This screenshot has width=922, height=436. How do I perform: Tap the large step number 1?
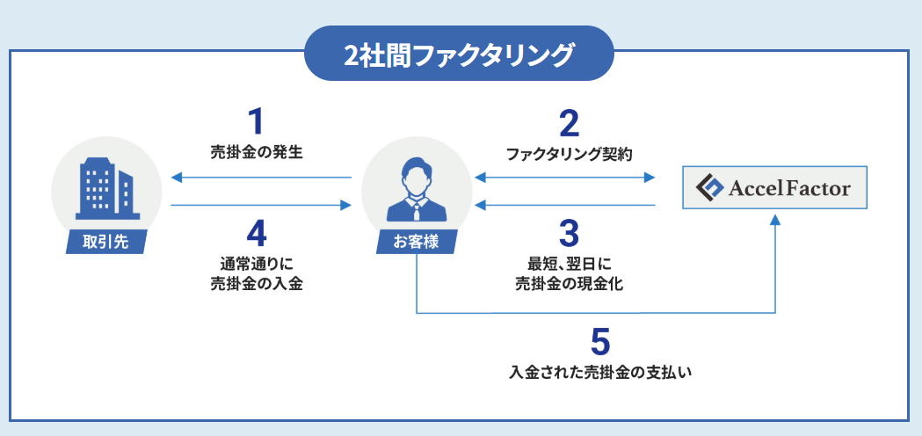pyautogui.click(x=256, y=121)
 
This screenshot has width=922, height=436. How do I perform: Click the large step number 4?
pyautogui.click(x=256, y=233)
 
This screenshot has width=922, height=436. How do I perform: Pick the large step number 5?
pyautogui.click(x=600, y=341)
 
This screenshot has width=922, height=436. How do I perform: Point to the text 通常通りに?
pyautogui.click(x=256, y=263)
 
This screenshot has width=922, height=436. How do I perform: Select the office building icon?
pyautogui.click(x=105, y=188)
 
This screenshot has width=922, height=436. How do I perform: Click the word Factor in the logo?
pyautogui.click(x=820, y=188)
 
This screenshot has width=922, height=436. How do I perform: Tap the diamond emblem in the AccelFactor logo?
pyautogui.click(x=708, y=188)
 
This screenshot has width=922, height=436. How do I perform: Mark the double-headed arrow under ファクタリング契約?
pyautogui.click(x=566, y=178)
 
